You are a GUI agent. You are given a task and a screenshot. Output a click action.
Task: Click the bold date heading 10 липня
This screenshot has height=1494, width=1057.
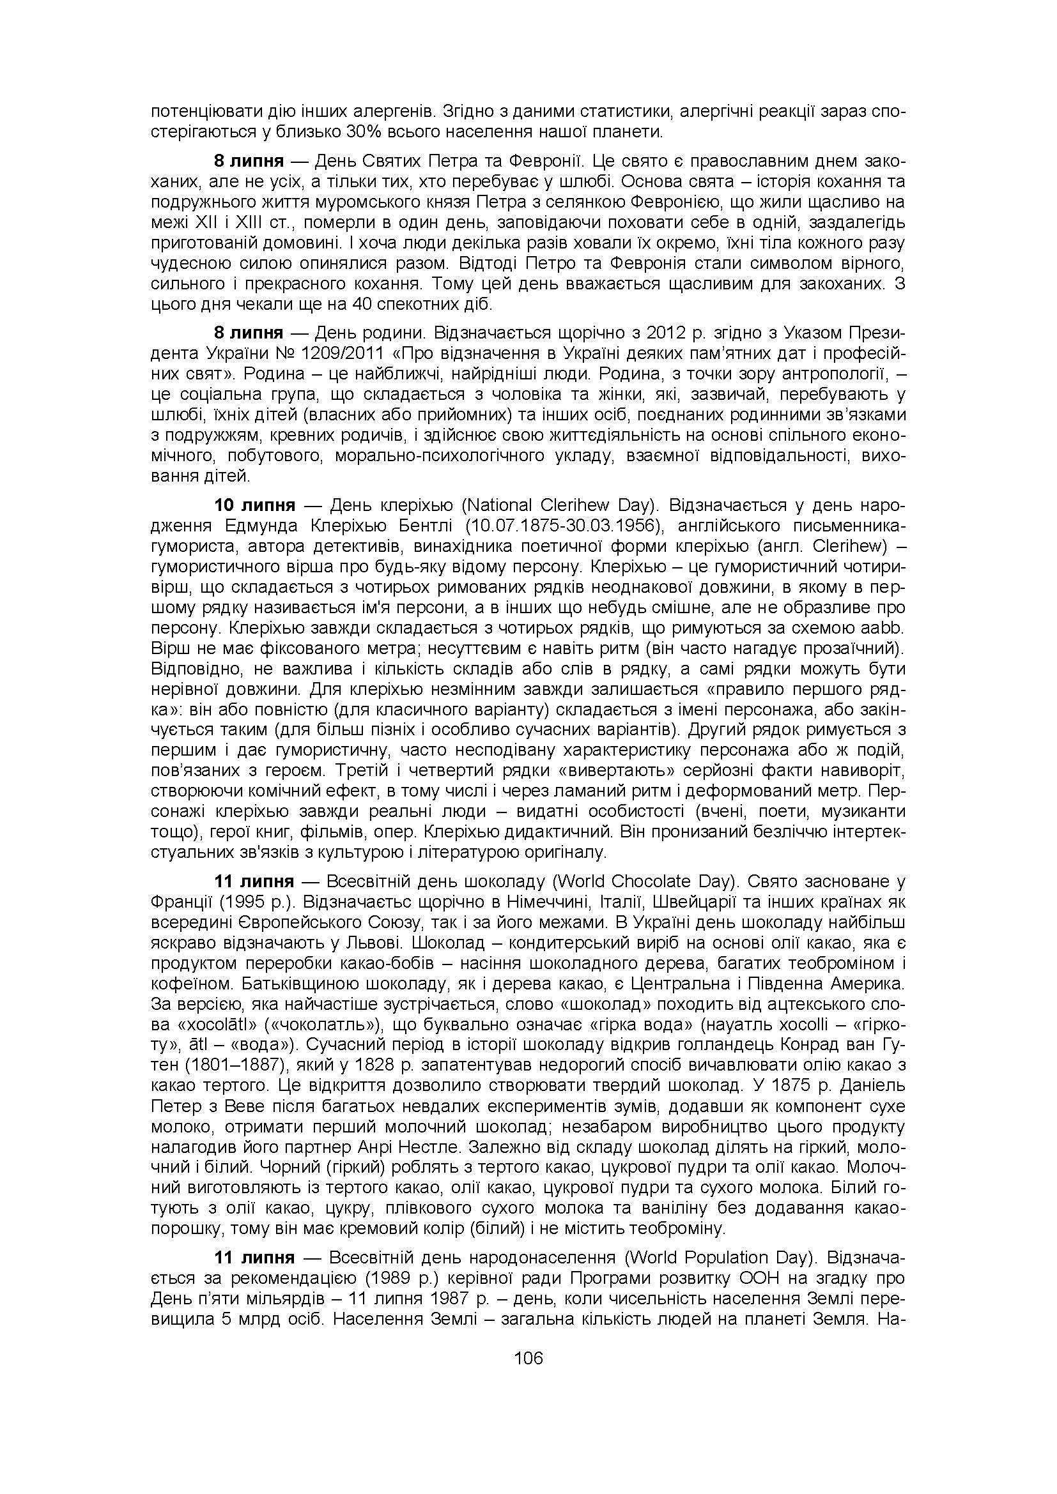(255, 506)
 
